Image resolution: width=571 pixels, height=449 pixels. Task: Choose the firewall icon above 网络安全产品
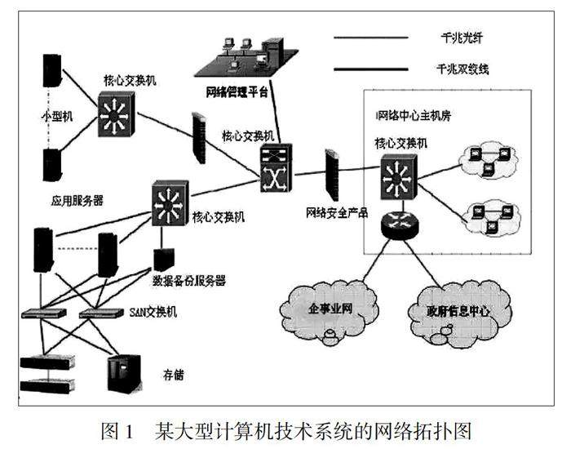click(332, 174)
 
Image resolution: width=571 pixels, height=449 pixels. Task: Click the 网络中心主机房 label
click(413, 114)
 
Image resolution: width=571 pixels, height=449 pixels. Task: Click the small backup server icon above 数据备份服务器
click(162, 260)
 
